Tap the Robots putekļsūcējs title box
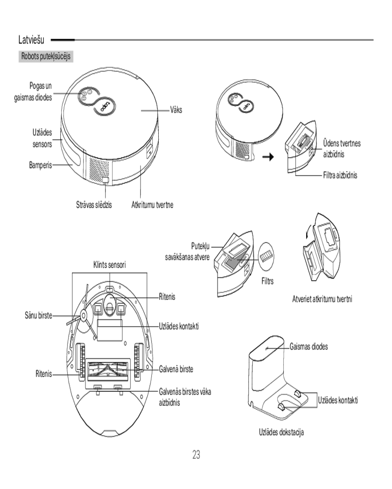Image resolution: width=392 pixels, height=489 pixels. click(45, 56)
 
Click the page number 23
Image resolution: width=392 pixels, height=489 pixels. click(196, 455)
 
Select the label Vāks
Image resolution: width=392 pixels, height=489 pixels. click(175, 111)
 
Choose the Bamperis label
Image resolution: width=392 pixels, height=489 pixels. click(40, 165)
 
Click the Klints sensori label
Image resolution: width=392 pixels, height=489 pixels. click(110, 265)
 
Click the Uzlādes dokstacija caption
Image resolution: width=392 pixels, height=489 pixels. click(281, 432)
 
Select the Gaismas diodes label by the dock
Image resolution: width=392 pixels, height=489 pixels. click(309, 346)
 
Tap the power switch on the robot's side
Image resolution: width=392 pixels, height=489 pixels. click(106, 181)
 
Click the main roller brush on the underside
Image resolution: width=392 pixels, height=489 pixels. click(109, 372)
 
